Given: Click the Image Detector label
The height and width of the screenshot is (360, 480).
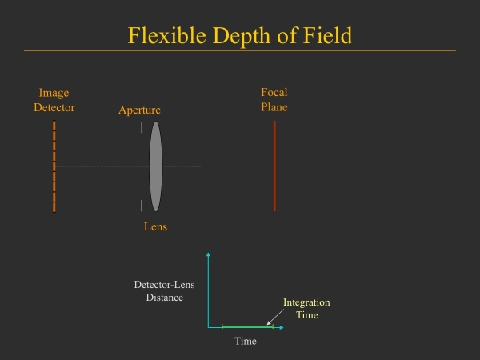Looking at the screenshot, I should [x=54, y=100].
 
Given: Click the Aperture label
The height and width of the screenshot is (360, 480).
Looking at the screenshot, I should [x=139, y=110].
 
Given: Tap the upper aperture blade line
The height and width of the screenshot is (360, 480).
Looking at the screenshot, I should [x=142, y=126].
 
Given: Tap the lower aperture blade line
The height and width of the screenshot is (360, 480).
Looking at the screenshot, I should [x=142, y=206].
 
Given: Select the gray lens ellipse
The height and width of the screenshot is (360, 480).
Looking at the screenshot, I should [x=155, y=166].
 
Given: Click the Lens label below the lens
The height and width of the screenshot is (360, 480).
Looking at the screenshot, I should [x=155, y=227].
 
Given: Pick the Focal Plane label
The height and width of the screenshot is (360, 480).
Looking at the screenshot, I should [x=274, y=100].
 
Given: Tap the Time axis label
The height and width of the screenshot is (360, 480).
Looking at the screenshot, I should [x=245, y=342].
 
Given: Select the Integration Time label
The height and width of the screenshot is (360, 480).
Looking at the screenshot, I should [x=306, y=309].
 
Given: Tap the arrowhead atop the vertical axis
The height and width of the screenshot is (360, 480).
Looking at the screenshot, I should [x=208, y=254].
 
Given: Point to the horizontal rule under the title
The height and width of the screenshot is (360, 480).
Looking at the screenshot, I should [x=240, y=51].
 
